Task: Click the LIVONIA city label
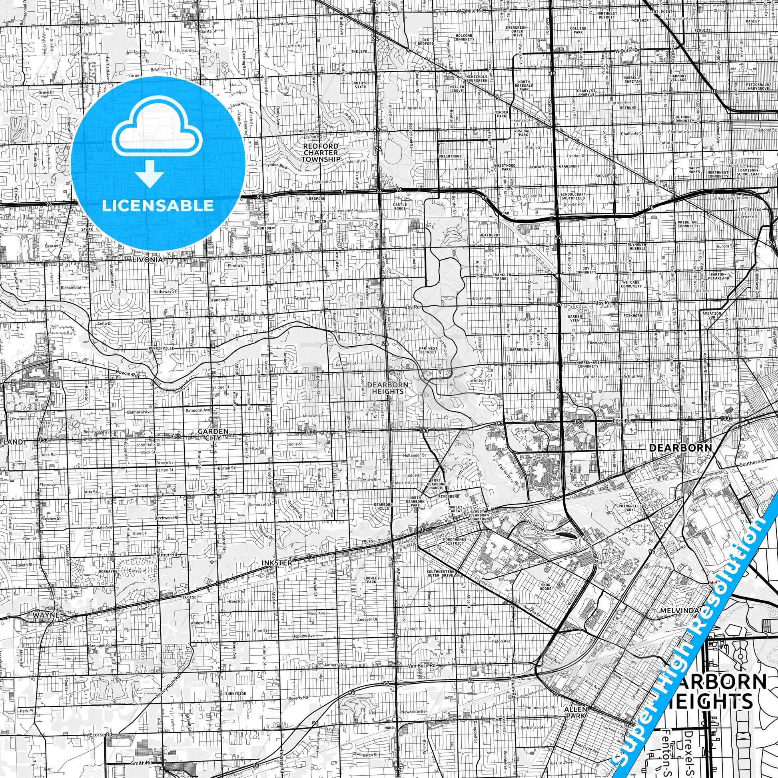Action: [148, 260]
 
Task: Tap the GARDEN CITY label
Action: [213, 434]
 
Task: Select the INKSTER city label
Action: [276, 563]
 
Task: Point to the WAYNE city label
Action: [46, 615]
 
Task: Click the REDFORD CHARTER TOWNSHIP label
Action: [321, 153]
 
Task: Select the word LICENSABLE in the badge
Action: [158, 205]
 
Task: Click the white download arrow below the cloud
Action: [150, 174]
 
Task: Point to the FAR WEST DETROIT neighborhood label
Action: [428, 349]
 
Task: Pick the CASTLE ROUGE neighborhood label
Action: [400, 207]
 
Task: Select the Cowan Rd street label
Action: [127, 374]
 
